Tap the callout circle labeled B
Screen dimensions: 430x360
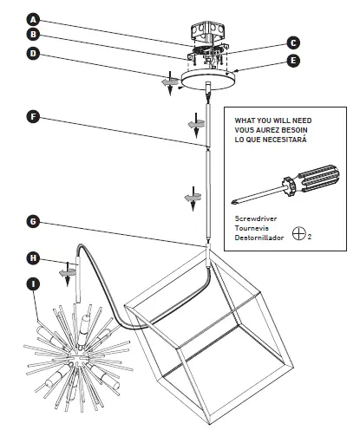[32, 36]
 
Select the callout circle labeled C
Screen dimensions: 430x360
[293, 42]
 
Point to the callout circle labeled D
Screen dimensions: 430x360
[32, 54]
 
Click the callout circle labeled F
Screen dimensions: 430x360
[32, 115]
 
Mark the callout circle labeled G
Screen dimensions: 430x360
[32, 222]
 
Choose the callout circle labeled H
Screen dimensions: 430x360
[32, 257]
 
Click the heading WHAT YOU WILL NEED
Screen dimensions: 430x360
[271, 120]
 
